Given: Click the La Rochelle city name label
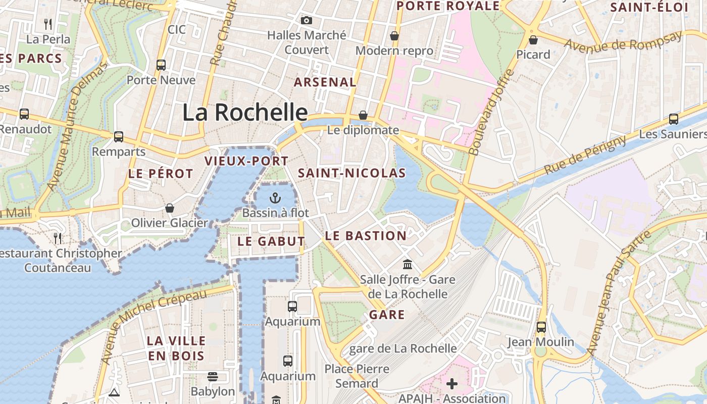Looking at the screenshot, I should coord(245,112).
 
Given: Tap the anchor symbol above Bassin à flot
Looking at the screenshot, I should coord(275,197).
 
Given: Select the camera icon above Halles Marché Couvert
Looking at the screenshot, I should coord(306,21).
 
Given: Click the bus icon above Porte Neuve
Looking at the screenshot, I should coord(161,65).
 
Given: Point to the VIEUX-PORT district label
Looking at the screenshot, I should coord(246,161).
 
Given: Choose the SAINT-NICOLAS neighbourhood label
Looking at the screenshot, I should coord(352,173).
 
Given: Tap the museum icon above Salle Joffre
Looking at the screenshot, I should coord(408,264).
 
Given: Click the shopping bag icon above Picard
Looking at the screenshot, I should coord(533,39).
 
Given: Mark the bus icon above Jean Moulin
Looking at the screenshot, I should coord(541,327).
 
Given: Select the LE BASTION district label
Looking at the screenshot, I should coord(366,236).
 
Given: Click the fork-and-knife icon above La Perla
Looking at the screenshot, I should coord(48,23).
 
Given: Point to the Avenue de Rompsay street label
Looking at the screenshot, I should coord(623,42).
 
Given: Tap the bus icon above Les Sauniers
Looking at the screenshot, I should coord(674,119).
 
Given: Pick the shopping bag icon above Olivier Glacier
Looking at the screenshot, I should coord(170,208).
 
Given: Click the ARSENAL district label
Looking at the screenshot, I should coord(325,82).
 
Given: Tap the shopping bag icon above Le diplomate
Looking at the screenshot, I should coord(363,115).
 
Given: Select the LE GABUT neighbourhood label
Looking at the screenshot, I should coord(271,241).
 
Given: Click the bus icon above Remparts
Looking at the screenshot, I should coord(119,136).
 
